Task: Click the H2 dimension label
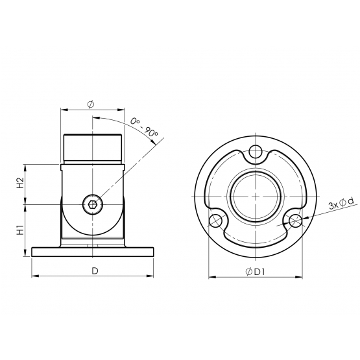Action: pyautogui.click(x=21, y=183)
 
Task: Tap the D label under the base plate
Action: pyautogui.click(x=95, y=271)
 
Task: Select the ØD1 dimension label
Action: pyautogui.click(x=255, y=272)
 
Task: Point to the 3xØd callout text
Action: pyautogui.click(x=342, y=204)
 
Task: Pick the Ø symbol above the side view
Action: pyautogui.click(x=91, y=104)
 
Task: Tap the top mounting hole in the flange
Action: pyautogui.click(x=256, y=151)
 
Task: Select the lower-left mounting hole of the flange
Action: pyautogui.click(x=215, y=221)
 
